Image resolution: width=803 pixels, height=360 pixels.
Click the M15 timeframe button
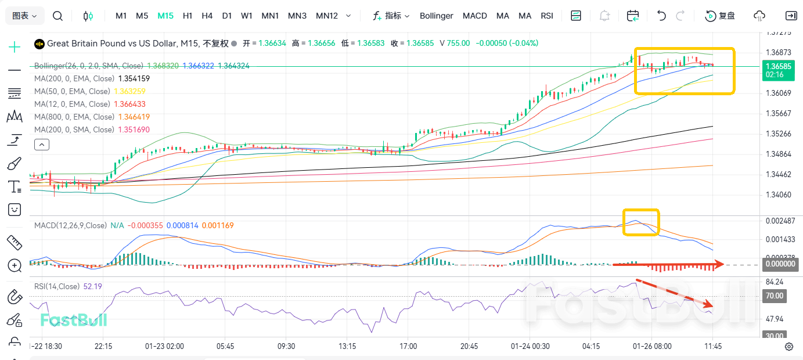tap(165, 16)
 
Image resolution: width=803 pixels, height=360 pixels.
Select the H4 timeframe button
tap(207, 16)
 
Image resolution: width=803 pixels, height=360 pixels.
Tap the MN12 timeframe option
tap(326, 16)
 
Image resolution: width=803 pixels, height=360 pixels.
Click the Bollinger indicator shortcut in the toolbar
tap(436, 16)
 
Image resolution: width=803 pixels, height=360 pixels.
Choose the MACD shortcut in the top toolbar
tap(474, 16)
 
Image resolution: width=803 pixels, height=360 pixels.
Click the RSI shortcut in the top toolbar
tap(546, 16)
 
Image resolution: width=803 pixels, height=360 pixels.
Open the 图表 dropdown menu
tap(25, 16)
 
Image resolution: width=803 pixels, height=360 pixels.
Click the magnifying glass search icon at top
tap(57, 16)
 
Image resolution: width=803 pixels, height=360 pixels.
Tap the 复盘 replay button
tap(721, 16)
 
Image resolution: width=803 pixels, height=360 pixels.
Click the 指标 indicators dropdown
tap(392, 16)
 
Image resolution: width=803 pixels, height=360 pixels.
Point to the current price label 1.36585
tap(778, 66)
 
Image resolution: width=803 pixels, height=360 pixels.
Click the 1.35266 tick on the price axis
tap(777, 134)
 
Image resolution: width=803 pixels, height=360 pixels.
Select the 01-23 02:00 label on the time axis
tap(164, 346)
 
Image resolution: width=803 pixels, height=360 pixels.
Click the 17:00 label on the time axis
tap(408, 346)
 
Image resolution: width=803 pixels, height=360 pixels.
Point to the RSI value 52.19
tap(93, 286)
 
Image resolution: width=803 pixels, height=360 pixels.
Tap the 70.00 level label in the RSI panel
tap(774, 296)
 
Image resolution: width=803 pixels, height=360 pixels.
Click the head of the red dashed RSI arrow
tap(711, 305)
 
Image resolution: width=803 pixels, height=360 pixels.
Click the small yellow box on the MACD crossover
tap(641, 222)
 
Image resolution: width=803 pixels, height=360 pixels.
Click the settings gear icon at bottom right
tap(789, 347)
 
